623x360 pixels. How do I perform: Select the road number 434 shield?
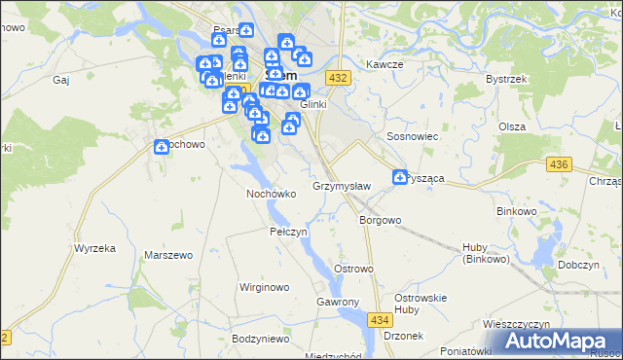pyautogui.click(x=381, y=319)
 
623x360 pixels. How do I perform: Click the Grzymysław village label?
pyautogui.click(x=341, y=185)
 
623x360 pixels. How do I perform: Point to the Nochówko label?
pyautogui.click(x=271, y=193)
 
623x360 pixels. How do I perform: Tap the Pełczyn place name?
pyautogui.click(x=288, y=233)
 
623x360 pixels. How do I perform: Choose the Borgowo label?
pyautogui.click(x=380, y=220)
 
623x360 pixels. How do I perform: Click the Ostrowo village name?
pyautogui.click(x=353, y=269)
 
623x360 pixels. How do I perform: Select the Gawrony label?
pyautogui.click(x=338, y=303)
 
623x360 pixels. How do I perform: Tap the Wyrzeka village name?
pyautogui.click(x=94, y=248)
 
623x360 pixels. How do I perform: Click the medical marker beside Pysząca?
pyautogui.click(x=400, y=177)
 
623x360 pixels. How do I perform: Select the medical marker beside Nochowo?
pyautogui.click(x=162, y=147)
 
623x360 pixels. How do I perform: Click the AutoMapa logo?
pyautogui.click(x=560, y=341)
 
